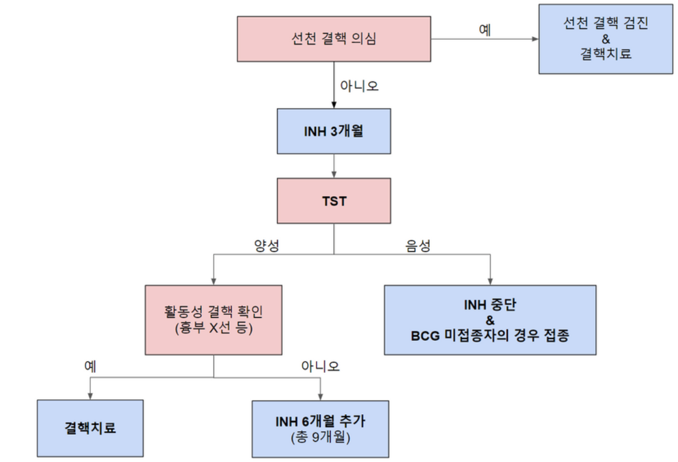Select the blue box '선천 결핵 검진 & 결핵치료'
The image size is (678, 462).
tap(605, 39)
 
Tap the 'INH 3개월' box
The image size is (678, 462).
tap(334, 131)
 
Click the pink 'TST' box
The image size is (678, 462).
tap(334, 201)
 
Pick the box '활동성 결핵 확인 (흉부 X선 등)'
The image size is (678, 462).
tap(214, 320)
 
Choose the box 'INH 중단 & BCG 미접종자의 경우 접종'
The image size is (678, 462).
tap(490, 320)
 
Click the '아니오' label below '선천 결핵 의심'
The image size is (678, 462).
tap(359, 86)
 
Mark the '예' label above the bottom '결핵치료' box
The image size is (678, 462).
tap(90, 366)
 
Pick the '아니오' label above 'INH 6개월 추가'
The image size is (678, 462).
tap(320, 366)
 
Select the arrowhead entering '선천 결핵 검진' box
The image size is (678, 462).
tap(535, 40)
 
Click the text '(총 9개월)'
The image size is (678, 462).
tap(320, 439)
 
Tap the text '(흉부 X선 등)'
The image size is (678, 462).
tap(214, 328)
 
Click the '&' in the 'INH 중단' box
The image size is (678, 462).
tap(490, 320)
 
